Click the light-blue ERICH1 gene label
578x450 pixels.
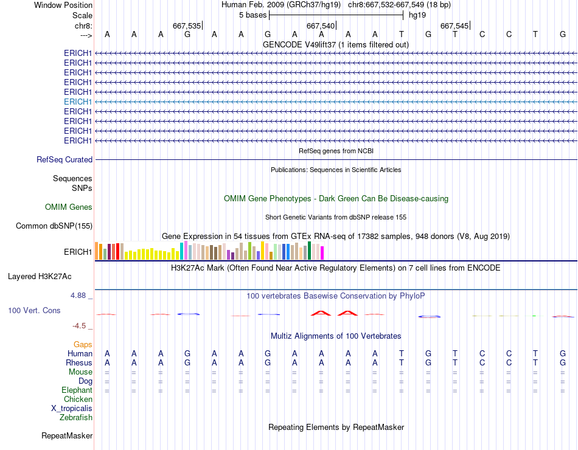(78, 102)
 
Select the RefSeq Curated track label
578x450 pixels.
(64, 159)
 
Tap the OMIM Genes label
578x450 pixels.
(69, 207)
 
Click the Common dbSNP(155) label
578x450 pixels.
(54, 226)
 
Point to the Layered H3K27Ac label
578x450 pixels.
(40, 277)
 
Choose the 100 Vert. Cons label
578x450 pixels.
(34, 311)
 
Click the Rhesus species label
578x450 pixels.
(78, 363)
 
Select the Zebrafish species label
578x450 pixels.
(76, 418)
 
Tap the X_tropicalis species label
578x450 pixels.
(72, 409)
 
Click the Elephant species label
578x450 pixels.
(77, 390)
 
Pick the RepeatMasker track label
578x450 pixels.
(67, 436)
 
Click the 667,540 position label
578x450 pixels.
(321, 26)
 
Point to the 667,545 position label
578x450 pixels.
(454, 26)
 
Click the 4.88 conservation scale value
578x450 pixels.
(80, 296)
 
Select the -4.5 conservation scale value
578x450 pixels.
(82, 325)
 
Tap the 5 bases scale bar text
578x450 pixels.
(252, 15)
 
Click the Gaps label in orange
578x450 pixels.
(83, 345)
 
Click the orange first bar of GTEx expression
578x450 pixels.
(97, 251)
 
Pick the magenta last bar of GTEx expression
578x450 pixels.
(322, 252)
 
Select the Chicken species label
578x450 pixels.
(78, 400)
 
